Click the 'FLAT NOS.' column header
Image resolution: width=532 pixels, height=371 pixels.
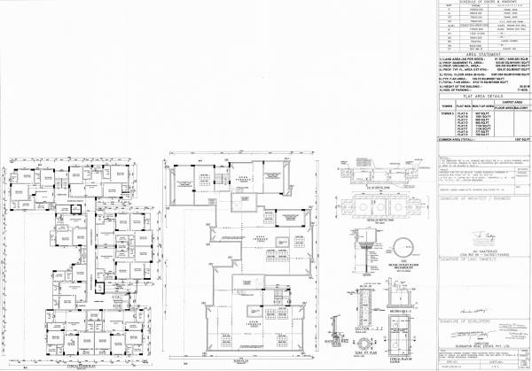pyautogui.click(x=461, y=105)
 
